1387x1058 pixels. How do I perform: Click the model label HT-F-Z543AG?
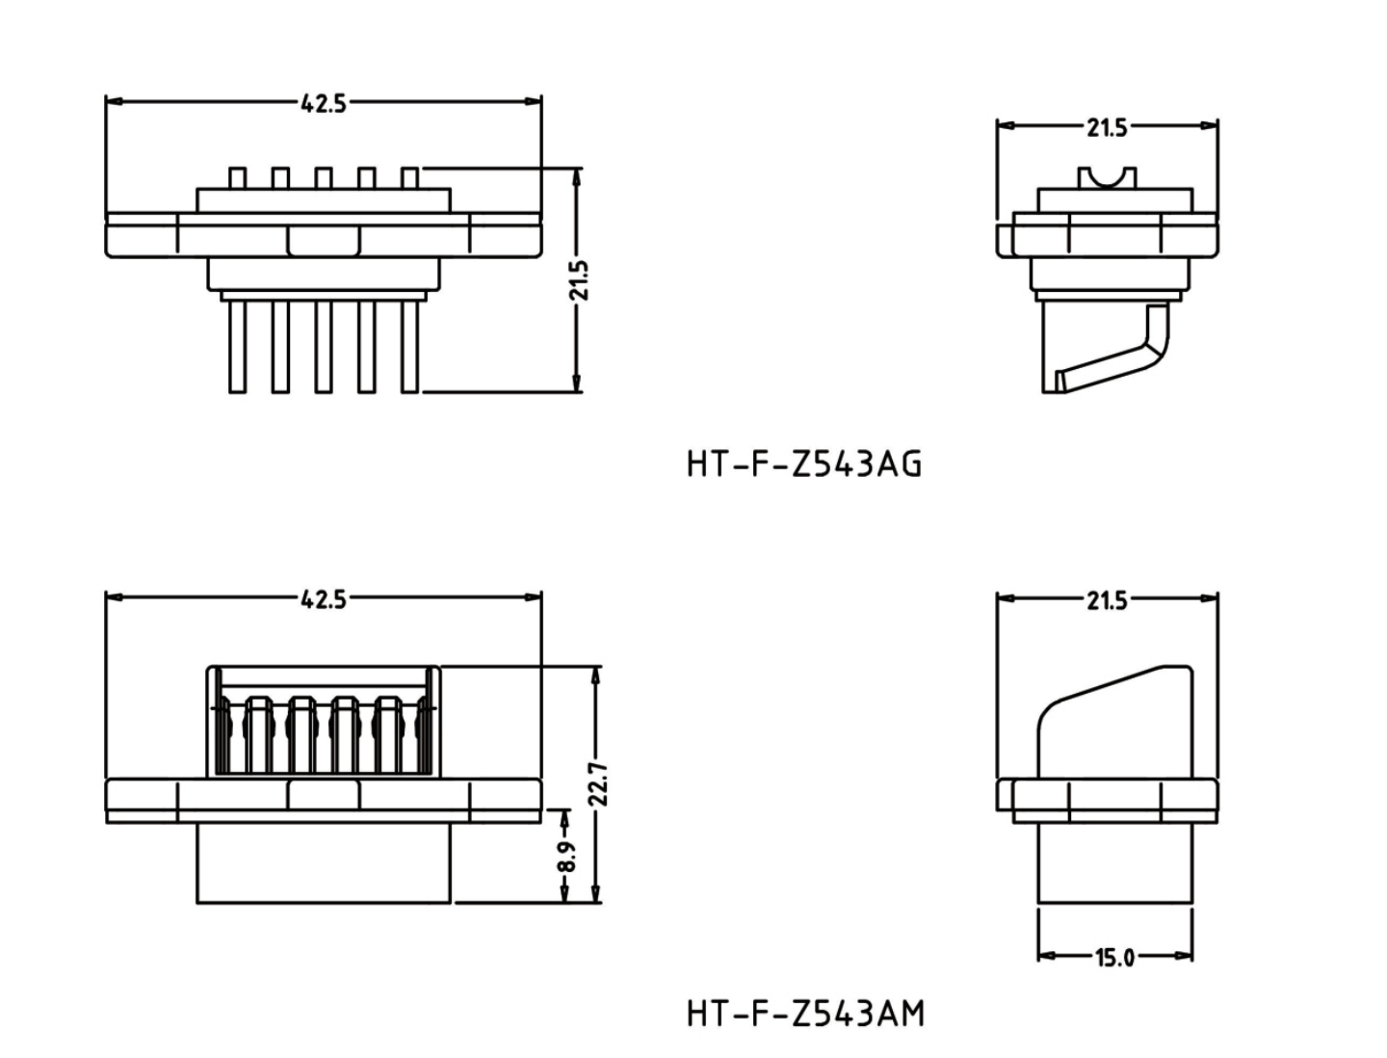point(804,464)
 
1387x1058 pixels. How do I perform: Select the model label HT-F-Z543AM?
point(805,1014)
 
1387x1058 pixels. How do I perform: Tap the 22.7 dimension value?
point(599,783)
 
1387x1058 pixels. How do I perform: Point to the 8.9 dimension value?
point(565,857)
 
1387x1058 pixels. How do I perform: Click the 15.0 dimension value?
point(1114,957)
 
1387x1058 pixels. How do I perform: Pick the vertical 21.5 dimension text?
point(578,280)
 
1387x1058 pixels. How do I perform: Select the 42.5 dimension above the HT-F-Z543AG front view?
point(323,103)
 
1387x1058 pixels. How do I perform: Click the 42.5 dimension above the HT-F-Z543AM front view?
point(323,599)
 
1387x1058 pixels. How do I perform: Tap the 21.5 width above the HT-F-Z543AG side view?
point(1107,127)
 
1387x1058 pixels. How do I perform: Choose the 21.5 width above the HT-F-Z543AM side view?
point(1107,601)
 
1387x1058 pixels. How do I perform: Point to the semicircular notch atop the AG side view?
point(1106,177)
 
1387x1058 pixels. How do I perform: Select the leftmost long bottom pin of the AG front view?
point(237,347)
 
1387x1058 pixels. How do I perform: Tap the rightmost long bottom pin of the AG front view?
point(409,347)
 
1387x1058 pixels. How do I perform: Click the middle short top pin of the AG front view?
point(323,178)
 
